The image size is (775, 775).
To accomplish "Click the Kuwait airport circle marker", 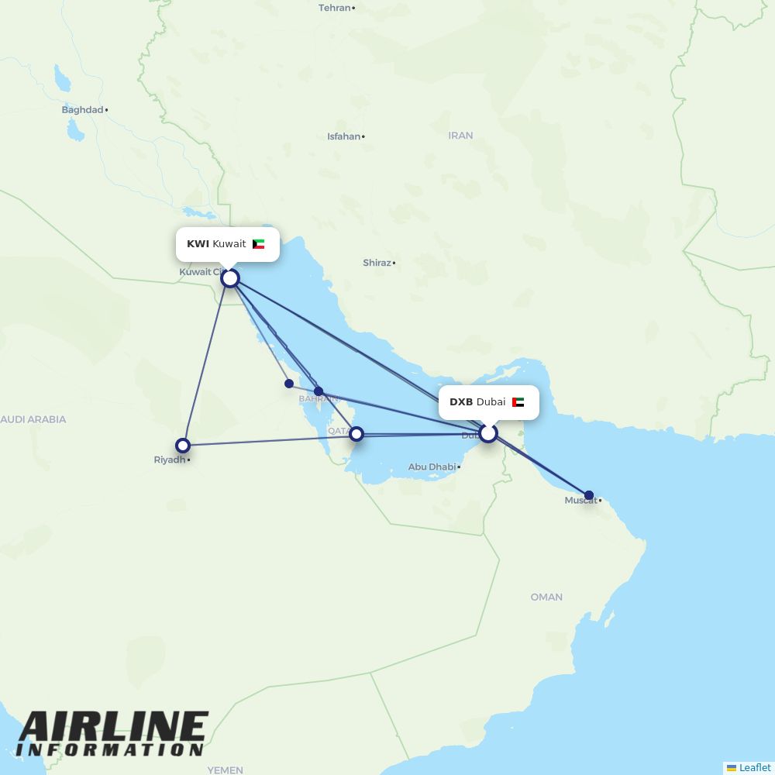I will pos(230,277).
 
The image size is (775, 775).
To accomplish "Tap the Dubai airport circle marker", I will pos(487,433).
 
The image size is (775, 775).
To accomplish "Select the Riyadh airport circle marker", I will pos(183,446).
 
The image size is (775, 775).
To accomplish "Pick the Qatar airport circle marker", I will pos(356,434).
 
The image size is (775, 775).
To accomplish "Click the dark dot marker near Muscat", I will pos(589,495).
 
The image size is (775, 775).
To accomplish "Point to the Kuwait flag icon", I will pos(259,244).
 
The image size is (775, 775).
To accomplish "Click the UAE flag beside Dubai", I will pos(518,402).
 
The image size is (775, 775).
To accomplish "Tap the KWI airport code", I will pos(198,244).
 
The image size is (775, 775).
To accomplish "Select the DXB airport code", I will pos(461,402).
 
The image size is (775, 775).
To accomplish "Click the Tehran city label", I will pos(335,8).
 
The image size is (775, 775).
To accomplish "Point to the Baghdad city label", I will pos(82,110).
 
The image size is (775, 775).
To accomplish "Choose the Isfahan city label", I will pos(343,136).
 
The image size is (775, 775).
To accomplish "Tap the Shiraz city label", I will pos(377,263).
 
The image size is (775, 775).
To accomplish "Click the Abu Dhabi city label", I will pos(432,467).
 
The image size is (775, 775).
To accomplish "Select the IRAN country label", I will pos(460,136).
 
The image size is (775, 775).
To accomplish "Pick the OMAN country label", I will pos(546,597).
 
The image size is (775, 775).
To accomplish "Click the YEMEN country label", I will pos(225,770).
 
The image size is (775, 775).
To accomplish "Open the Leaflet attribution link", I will pos(754,767).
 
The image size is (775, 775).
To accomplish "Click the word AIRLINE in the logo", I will pos(113,726).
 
